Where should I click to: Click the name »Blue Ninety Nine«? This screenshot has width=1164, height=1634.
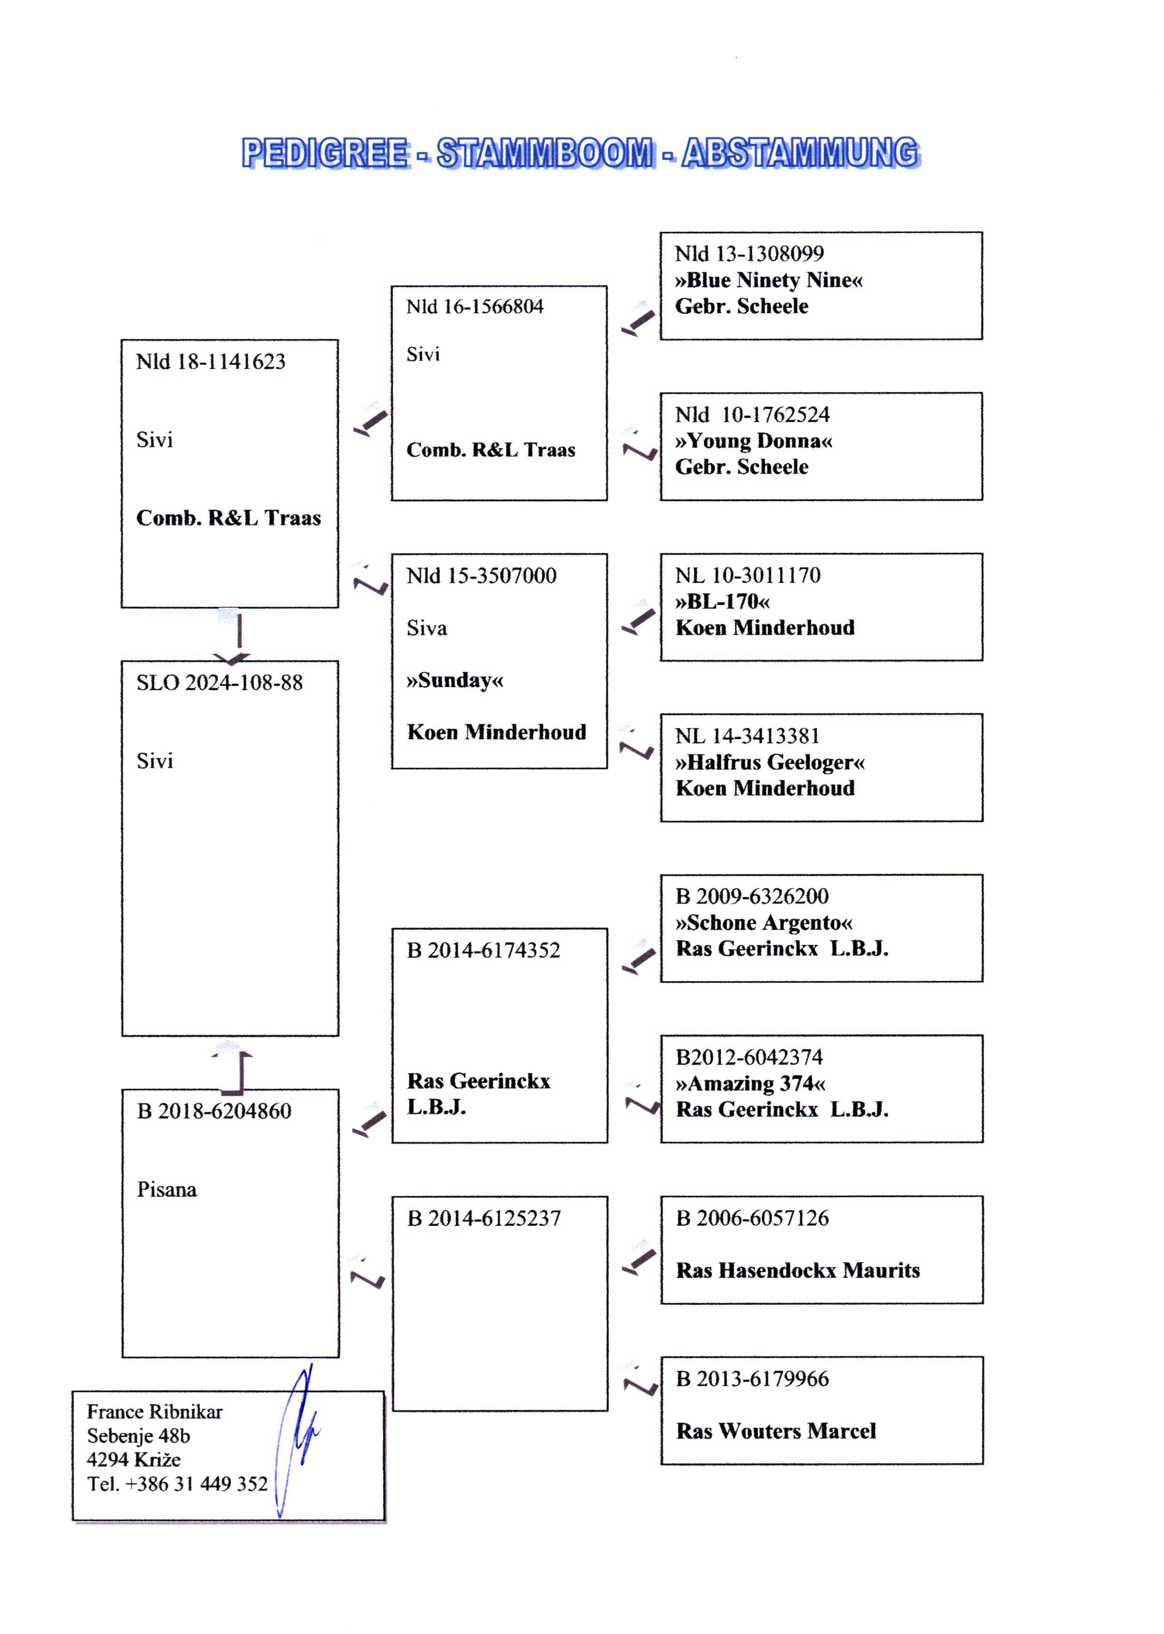coord(768,280)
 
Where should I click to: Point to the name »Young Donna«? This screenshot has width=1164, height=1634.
coord(753,441)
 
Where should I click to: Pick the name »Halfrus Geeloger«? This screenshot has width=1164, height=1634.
coord(770,762)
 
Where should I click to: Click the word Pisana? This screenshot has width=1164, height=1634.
coord(166,1190)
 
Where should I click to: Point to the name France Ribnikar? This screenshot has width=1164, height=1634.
coord(155,1412)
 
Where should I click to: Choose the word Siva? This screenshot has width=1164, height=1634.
coord(426,628)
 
